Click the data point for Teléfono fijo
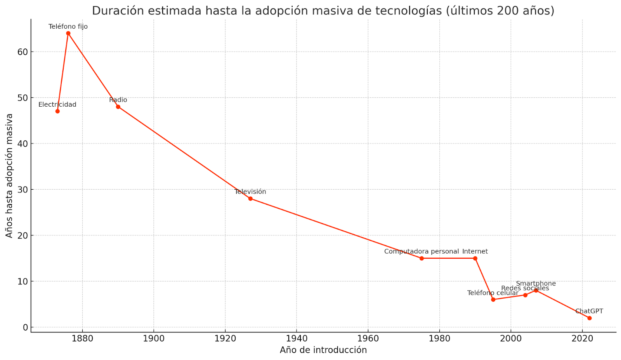point(68,33)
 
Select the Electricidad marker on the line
point(57,111)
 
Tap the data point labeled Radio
point(118,107)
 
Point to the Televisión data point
point(250,199)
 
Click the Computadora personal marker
point(422,258)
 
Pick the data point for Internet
point(475,258)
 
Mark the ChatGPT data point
point(589,318)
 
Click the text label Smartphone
point(536,284)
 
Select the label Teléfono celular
point(493,293)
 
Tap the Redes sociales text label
point(525,288)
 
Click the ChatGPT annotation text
point(589,311)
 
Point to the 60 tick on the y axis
point(23,52)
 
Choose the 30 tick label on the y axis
point(23,190)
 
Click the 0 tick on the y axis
point(26,327)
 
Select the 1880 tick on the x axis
point(82,338)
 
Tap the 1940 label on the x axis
point(297,338)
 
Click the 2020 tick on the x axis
point(582,338)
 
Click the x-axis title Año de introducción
point(323,350)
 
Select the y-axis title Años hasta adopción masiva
point(9,175)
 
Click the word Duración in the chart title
point(113,11)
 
